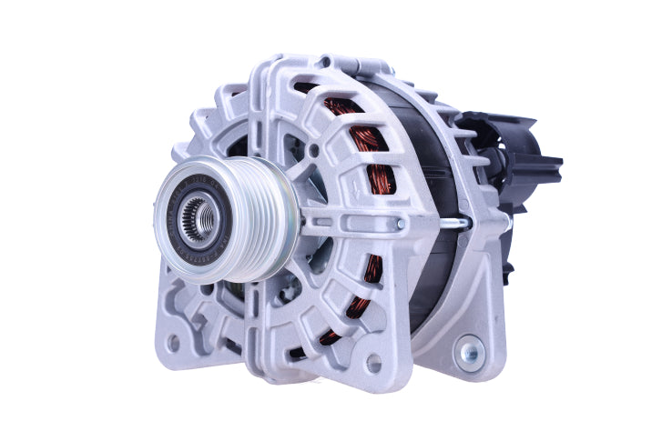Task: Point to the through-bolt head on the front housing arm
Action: click(400, 223)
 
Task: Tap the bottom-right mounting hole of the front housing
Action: click(373, 362)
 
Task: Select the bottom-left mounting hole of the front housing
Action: click(172, 343)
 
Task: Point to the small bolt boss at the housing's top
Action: click(325, 63)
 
